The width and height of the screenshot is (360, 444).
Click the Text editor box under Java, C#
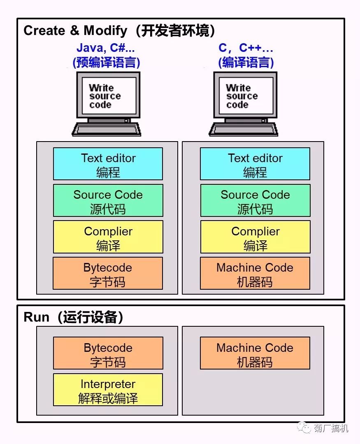108,164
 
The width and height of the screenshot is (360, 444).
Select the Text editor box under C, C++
255,164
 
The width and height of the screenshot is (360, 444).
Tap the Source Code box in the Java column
108,200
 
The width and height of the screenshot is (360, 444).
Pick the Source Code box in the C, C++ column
255,200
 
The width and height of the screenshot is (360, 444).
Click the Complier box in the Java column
108,237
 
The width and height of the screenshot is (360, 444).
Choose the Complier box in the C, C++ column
255,237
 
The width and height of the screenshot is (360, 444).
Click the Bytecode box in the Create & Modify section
108,274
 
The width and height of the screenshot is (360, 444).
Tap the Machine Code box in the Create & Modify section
255,274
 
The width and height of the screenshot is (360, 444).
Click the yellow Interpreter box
108,390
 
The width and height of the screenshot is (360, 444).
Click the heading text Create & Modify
75,30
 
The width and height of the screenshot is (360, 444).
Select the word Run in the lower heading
37,317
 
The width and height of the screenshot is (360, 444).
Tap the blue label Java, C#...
106,48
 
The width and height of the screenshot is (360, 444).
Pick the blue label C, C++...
246,48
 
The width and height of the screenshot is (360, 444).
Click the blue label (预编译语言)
106,63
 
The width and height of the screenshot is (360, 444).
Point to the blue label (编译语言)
246,63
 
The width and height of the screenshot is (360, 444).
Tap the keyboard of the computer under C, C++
244,129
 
